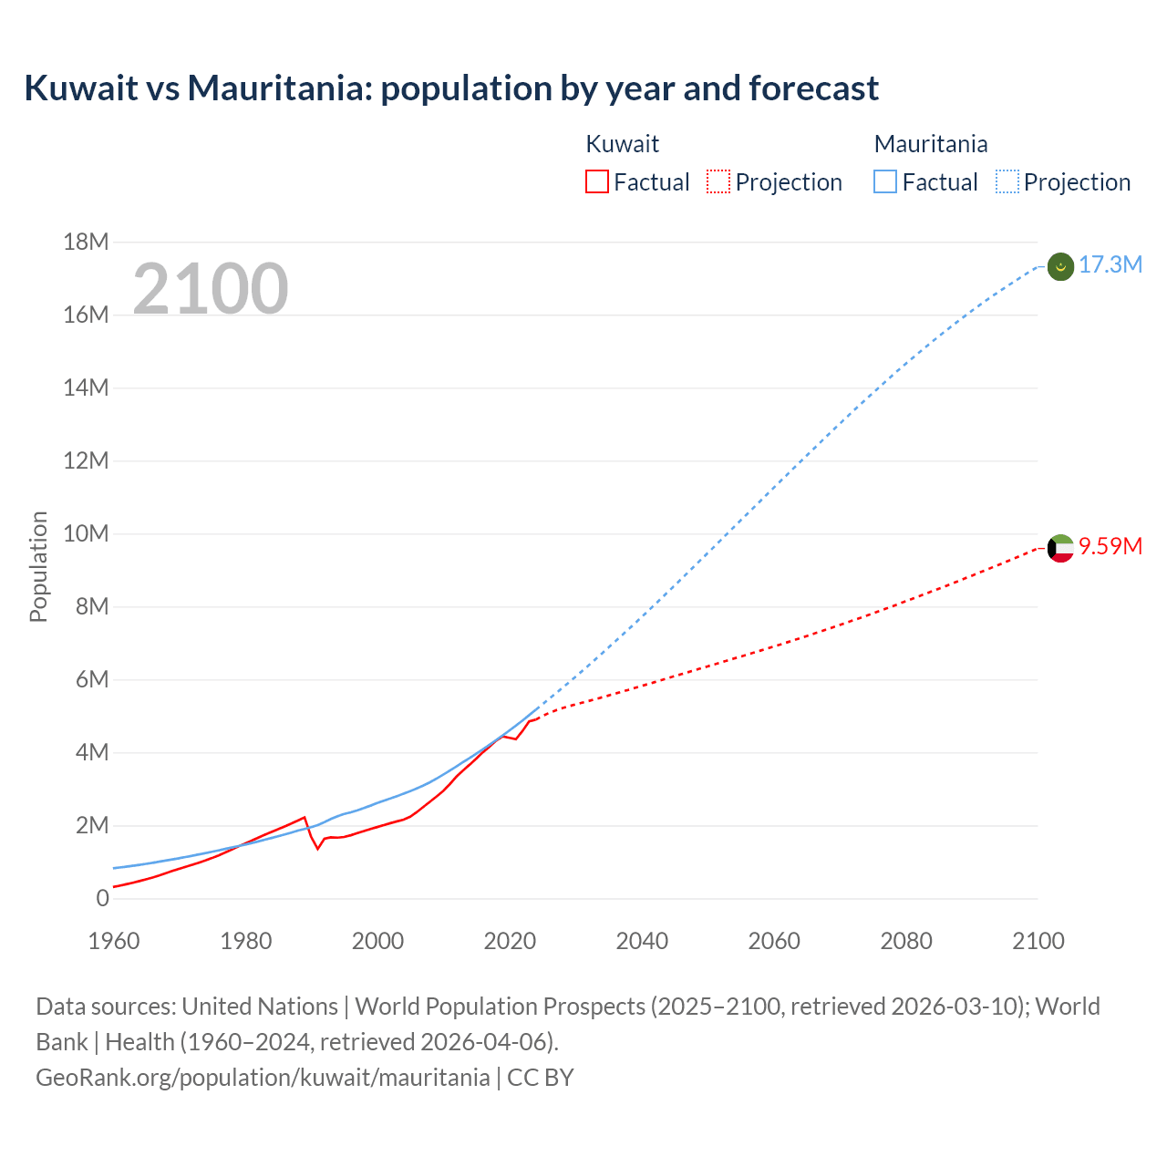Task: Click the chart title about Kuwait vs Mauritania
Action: (451, 88)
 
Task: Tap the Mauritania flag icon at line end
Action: (1060, 266)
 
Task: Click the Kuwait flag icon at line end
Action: (1060, 548)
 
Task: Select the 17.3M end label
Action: (1110, 265)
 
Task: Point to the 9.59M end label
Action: (1110, 546)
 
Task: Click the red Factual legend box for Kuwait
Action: (596, 182)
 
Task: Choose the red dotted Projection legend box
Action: (718, 182)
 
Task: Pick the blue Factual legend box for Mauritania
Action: (885, 182)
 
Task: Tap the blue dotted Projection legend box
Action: (1007, 182)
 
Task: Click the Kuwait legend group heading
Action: (622, 144)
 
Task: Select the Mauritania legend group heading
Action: (930, 144)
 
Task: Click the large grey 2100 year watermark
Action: (211, 289)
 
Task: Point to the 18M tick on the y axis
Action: (86, 242)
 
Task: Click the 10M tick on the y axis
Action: (86, 533)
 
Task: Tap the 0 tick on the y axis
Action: (102, 898)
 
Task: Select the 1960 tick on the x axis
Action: (114, 941)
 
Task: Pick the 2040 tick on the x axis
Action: (642, 941)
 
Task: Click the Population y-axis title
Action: (38, 566)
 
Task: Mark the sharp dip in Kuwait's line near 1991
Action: (318, 848)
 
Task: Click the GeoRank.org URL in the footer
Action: (263, 1078)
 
